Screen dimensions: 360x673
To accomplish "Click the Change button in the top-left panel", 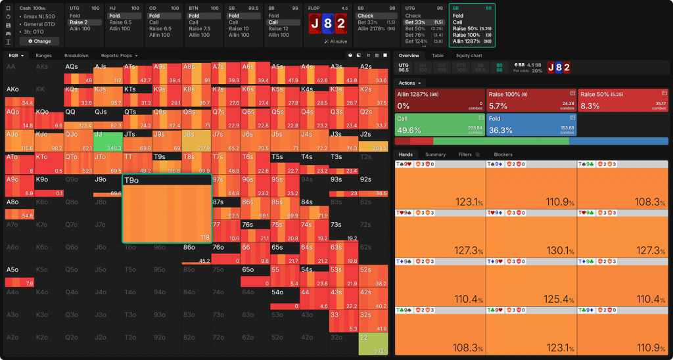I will tap(39, 41).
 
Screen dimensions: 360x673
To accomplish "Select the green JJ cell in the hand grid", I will tap(107, 139).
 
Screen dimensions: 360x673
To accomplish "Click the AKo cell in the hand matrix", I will tap(20, 95).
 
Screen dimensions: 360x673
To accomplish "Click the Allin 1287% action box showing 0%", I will tap(440, 99).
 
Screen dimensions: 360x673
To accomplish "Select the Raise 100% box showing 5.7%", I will tap(531, 99).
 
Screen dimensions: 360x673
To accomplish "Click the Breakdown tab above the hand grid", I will tap(76, 56).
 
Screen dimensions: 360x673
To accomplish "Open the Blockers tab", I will tap(503, 154).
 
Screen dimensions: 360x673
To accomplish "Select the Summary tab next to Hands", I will tap(435, 154).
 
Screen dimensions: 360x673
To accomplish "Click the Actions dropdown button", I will tap(410, 83).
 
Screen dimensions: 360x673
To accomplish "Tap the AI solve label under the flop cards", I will tap(335, 41).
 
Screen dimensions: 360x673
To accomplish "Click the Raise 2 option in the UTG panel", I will tap(85, 22).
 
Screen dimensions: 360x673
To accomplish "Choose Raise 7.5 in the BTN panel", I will tap(200, 29).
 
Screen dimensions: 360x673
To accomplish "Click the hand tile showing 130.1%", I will tap(531, 233).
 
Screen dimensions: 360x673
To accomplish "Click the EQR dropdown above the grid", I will tap(16, 56).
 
